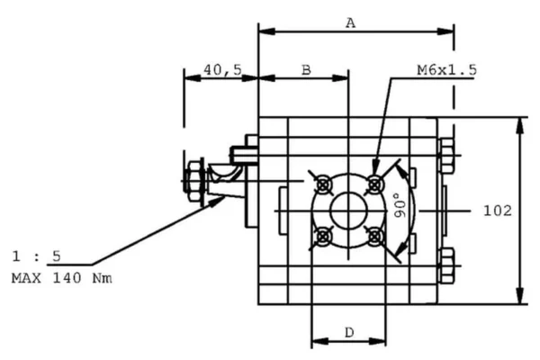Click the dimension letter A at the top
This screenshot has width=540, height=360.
351,23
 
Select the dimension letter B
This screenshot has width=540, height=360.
305,69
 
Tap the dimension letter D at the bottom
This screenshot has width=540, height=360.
348,333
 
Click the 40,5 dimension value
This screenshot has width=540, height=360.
222,69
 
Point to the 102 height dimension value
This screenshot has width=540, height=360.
498,211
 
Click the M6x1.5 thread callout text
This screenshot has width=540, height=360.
446,69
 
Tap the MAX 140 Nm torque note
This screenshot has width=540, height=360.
61,278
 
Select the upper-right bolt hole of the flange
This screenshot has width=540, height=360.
376,184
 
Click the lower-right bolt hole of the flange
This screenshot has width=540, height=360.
376,237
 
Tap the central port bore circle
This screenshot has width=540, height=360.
349,211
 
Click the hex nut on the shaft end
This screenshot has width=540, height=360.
195,179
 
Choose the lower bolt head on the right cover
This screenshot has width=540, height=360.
447,267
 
